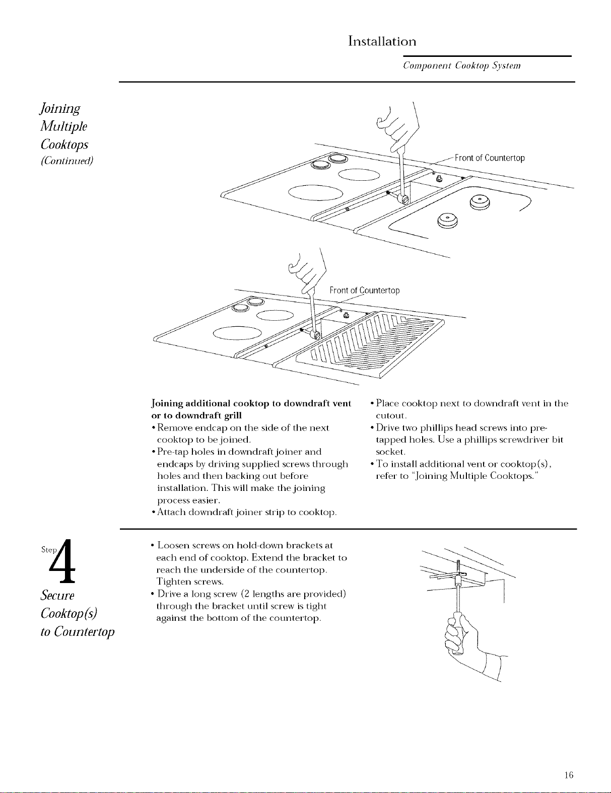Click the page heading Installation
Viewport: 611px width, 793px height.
click(x=382, y=41)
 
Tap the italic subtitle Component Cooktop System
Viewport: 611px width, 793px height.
click(x=462, y=65)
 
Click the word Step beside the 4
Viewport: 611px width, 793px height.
click(x=49, y=550)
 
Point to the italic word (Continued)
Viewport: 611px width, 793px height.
click(x=67, y=161)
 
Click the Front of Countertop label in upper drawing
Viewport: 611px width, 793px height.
click(x=490, y=158)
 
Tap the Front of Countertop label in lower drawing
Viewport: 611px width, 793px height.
click(x=365, y=291)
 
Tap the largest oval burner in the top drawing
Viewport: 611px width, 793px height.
click(x=315, y=193)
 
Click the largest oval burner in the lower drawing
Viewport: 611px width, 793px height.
click(x=237, y=333)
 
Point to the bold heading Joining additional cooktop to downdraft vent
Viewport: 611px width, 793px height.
click(x=251, y=403)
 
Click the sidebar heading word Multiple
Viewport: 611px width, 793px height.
click(x=64, y=126)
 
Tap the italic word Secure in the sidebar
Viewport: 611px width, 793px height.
click(x=57, y=595)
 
